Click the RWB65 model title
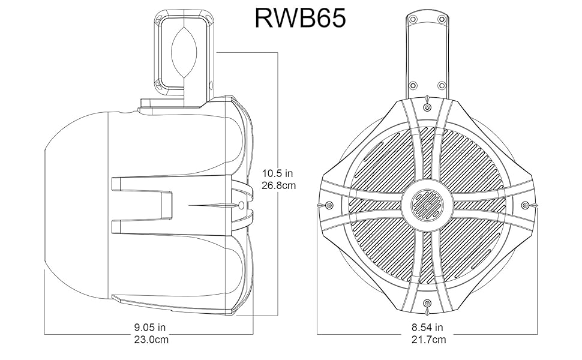click(x=299, y=18)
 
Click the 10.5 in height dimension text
click(x=278, y=173)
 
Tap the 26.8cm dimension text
click(x=278, y=185)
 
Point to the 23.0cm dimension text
click(x=149, y=340)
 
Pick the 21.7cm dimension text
click(x=427, y=340)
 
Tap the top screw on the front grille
click(x=427, y=106)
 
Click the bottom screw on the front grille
click(x=427, y=304)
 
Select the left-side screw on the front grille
click(x=328, y=205)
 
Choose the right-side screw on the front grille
click(x=526, y=205)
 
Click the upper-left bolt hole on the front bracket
click(x=412, y=19)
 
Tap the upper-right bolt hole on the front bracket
click(x=441, y=19)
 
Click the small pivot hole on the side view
click(x=242, y=205)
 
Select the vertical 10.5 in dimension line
click(x=278, y=252)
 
